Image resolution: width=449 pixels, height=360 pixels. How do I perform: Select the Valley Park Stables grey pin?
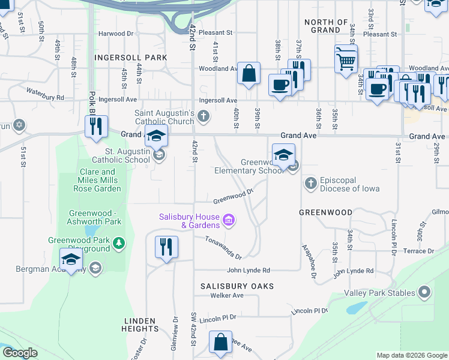[x=424, y=293]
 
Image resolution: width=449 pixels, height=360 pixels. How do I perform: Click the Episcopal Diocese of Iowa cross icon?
[x=310, y=183]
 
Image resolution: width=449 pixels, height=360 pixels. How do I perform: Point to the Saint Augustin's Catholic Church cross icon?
[x=203, y=116]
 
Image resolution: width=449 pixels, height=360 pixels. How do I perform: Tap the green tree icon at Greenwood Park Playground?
[x=119, y=243]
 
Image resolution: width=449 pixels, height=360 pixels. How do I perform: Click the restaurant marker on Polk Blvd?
[x=96, y=127]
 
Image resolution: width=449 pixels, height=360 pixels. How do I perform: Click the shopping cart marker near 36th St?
[x=346, y=59]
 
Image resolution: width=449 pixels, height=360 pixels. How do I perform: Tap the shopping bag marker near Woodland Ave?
[x=249, y=74]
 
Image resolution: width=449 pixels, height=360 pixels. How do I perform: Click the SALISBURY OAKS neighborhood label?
[x=237, y=286]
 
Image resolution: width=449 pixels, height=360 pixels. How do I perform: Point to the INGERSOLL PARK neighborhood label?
[x=130, y=58]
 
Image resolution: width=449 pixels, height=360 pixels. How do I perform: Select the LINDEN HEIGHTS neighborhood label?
[x=140, y=325]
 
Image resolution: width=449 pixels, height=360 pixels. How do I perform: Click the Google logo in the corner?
[x=20, y=353]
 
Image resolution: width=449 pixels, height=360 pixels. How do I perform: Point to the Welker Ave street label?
[x=227, y=295]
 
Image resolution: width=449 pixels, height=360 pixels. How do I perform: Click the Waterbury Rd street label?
[x=45, y=94]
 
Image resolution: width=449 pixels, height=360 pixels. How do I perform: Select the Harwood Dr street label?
[x=116, y=34]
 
